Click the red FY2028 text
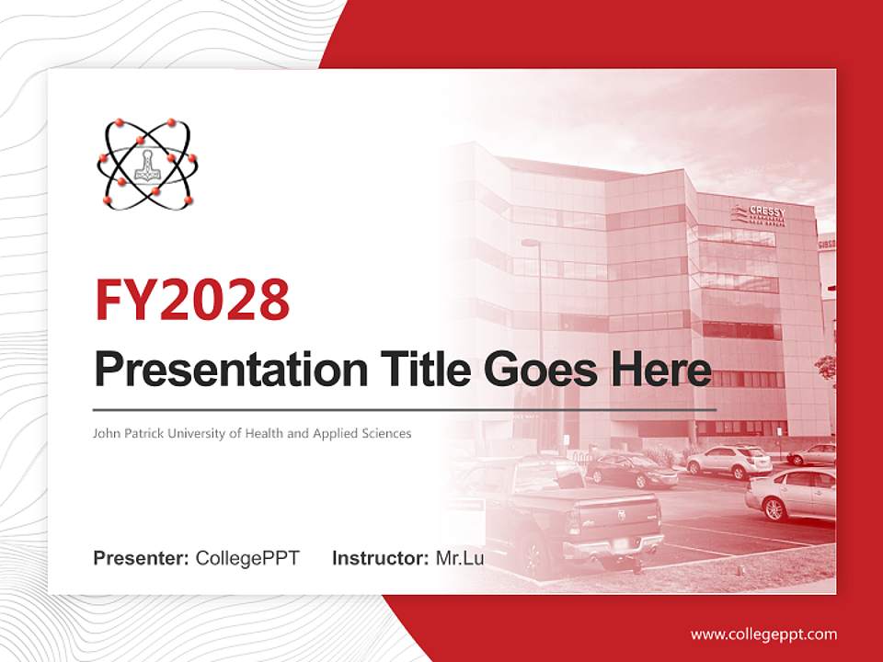coord(192,300)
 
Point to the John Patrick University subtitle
coord(252,432)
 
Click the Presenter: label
coord(142,558)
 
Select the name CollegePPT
coord(247,558)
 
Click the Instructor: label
coord(380,558)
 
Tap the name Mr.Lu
coord(460,558)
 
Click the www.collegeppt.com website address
coord(763,633)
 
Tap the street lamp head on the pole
coord(531,243)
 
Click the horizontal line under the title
coord(405,409)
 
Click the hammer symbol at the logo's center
coord(147,165)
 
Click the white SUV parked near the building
coord(728,461)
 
